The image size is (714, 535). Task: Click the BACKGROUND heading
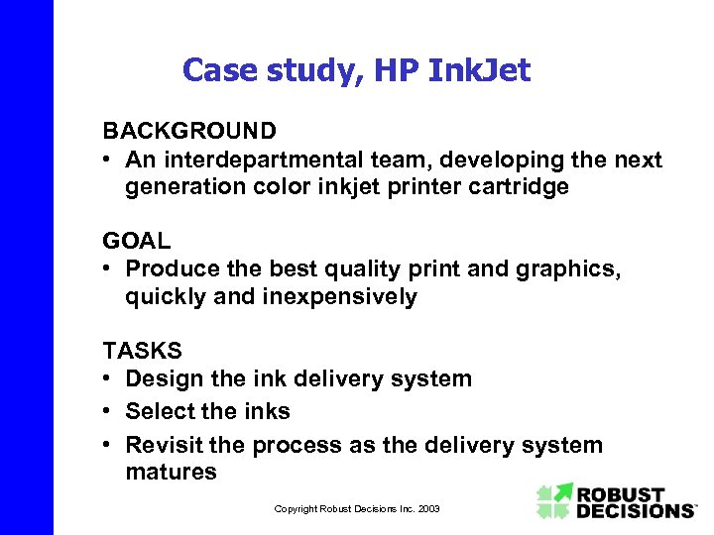(189, 131)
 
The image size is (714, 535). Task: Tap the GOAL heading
(137, 241)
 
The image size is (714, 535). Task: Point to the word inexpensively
(338, 296)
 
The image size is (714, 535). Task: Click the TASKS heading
(143, 350)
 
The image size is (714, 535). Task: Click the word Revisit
(166, 445)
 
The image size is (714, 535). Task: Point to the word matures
(171, 472)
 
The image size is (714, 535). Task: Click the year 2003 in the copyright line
(429, 509)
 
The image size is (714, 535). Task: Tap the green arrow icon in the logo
(555, 500)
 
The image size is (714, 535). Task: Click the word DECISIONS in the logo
(637, 510)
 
